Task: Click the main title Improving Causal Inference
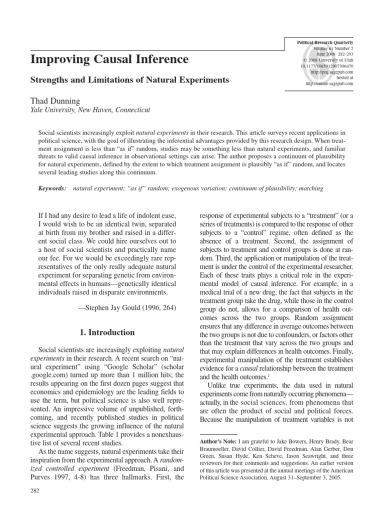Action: [109, 59]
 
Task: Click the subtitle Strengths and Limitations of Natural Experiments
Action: [130, 79]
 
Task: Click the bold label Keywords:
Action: [52, 188]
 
